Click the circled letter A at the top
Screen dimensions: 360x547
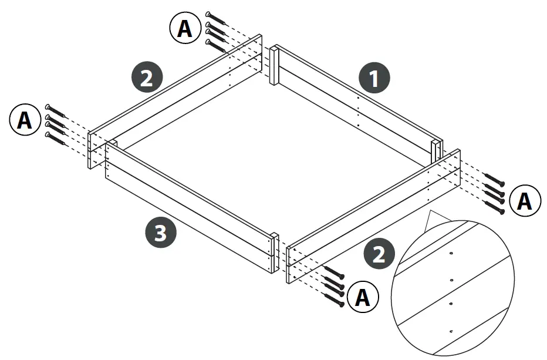[185, 28]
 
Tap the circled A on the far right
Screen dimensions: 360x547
[524, 201]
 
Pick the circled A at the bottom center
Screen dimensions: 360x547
[363, 298]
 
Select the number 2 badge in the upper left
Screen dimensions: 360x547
[147, 78]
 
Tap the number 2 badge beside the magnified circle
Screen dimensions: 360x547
[379, 254]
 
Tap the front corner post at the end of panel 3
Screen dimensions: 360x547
[273, 253]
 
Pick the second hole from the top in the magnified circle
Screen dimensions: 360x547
[450, 280]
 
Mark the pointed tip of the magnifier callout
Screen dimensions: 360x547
[430, 212]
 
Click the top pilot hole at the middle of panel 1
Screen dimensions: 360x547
[357, 98]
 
